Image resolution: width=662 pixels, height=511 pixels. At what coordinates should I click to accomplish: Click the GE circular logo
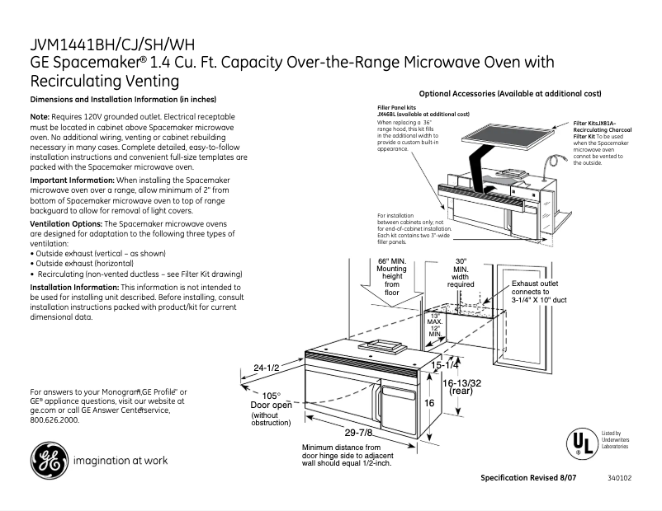(50, 461)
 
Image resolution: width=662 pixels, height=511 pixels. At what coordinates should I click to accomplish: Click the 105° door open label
(271, 400)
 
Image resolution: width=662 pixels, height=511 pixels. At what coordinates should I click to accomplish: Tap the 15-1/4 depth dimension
(445, 364)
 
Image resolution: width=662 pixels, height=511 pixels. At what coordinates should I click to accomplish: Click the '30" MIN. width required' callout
(461, 273)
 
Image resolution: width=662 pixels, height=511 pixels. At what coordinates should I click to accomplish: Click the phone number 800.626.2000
(54, 420)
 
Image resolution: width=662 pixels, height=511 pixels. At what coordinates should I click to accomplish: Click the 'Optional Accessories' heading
(510, 94)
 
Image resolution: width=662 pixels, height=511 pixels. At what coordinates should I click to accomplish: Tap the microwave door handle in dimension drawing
(379, 402)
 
